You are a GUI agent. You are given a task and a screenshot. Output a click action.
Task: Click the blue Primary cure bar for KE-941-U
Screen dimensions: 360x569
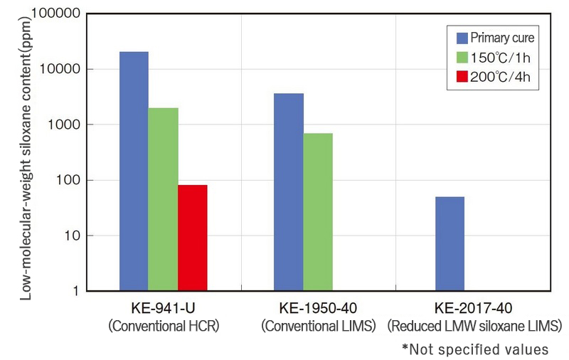tap(134, 171)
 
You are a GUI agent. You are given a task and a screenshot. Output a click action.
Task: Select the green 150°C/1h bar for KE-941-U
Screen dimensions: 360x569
tap(163, 199)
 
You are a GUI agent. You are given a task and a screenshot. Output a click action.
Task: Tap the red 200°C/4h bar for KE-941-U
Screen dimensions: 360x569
tap(192, 238)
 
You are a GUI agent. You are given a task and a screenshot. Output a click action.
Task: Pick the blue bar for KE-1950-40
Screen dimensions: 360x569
tap(289, 192)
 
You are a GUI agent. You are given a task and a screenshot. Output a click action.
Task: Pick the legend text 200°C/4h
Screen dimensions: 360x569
tap(501, 78)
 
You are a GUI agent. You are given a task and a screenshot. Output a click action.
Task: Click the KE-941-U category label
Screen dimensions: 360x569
tap(162, 310)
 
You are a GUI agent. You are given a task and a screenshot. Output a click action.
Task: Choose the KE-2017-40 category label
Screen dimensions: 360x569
tap(474, 310)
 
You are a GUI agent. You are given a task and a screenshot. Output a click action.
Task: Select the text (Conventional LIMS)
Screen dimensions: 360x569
tap(318, 327)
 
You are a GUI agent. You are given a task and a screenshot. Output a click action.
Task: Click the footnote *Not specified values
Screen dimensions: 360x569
tap(475, 349)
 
